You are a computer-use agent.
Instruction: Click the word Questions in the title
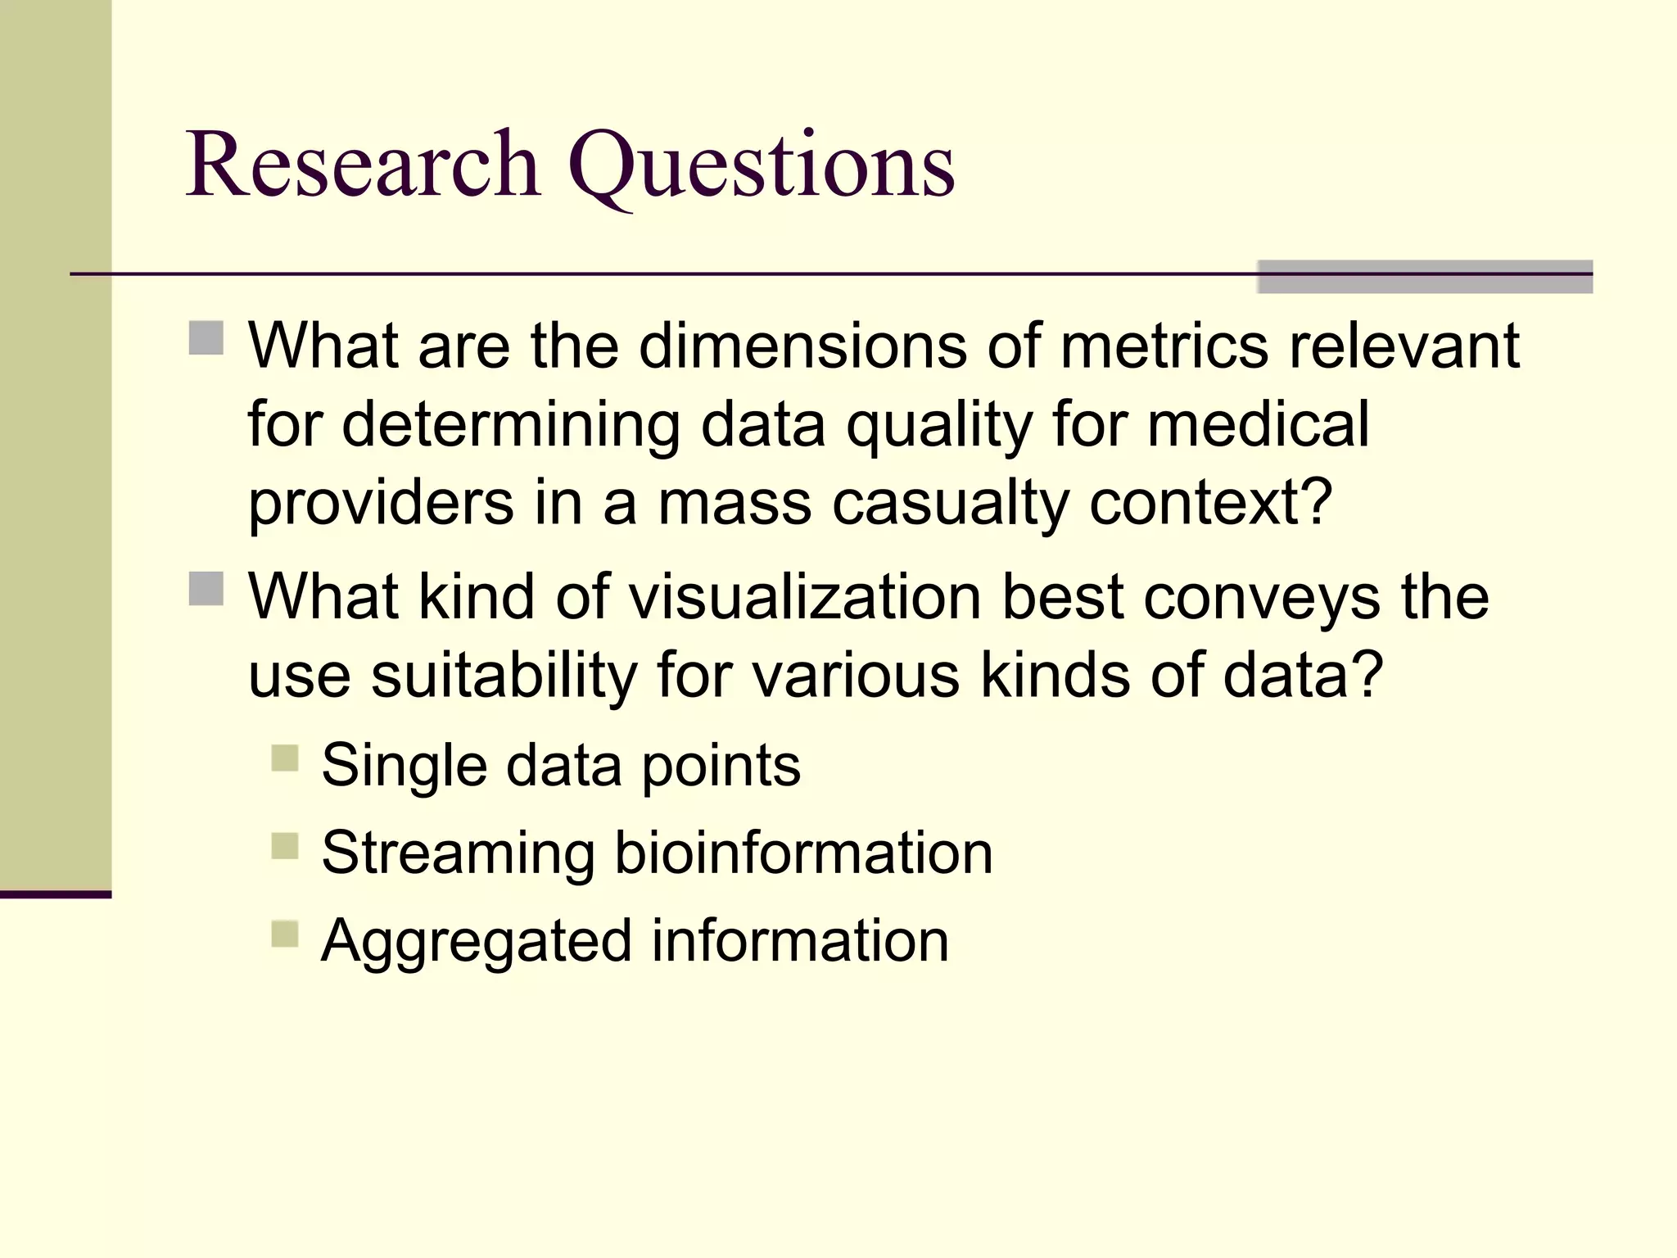click(762, 168)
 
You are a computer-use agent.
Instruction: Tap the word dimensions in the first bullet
click(802, 346)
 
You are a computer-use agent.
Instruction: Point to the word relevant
click(1404, 346)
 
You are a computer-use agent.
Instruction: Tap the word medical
click(1258, 424)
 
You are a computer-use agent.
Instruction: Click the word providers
click(381, 504)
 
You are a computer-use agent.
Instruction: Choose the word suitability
click(504, 675)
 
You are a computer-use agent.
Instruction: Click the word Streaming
click(458, 854)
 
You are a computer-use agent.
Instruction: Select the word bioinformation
click(803, 853)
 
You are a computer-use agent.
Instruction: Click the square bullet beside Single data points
click(285, 758)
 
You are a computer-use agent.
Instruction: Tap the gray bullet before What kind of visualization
click(206, 588)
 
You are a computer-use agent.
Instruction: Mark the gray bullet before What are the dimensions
click(206, 337)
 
